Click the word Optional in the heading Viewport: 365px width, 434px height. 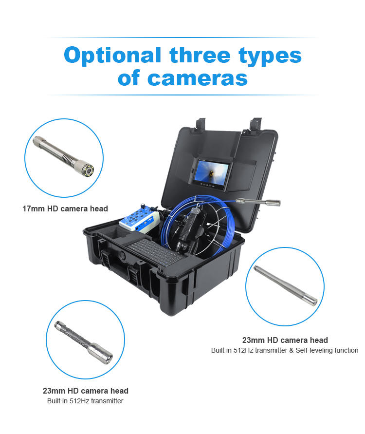point(112,56)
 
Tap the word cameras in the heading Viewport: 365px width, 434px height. point(198,78)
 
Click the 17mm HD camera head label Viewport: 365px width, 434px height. point(65,208)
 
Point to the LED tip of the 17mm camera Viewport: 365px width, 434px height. point(88,170)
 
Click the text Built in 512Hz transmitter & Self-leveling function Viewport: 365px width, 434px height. point(285,350)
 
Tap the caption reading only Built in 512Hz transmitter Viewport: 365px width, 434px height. point(85,401)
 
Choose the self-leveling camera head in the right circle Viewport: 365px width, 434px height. point(285,285)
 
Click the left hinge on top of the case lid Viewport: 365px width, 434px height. point(201,124)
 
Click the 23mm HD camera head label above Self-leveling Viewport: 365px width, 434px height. point(285,340)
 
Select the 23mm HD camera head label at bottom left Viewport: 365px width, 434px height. point(86,391)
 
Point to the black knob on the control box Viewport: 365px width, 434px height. point(143,207)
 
